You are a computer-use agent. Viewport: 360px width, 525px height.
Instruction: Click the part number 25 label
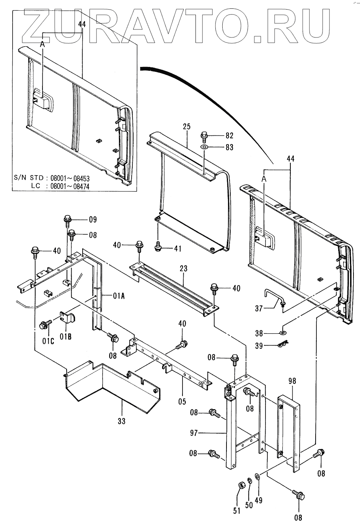pyautogui.click(x=186, y=127)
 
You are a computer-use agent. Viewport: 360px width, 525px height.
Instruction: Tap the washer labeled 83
pyautogui.click(x=204, y=147)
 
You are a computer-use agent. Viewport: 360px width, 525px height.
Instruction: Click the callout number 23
pyautogui.click(x=183, y=268)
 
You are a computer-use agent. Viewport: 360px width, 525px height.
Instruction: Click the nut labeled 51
pyautogui.click(x=241, y=486)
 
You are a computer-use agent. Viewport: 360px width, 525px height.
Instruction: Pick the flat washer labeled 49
pyautogui.click(x=257, y=476)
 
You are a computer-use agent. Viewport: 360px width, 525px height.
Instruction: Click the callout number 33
pyautogui.click(x=121, y=421)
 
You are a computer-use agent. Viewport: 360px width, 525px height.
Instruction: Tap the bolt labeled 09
pyautogui.click(x=68, y=220)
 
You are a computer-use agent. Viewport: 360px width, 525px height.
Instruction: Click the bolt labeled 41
pyautogui.click(x=158, y=247)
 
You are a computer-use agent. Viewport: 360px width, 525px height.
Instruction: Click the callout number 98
pyautogui.click(x=292, y=381)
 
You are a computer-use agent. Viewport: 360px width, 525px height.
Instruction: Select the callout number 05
pyautogui.click(x=182, y=401)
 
